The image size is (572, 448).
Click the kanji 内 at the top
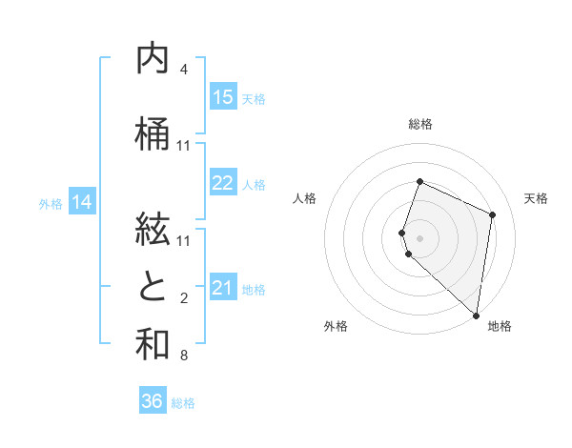[x=153, y=59]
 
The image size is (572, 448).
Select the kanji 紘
[x=153, y=230]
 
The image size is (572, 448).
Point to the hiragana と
[x=153, y=287]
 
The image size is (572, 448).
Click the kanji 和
[x=153, y=344]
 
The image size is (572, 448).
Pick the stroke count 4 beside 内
[x=183, y=70]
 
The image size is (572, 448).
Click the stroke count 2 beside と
[x=183, y=298]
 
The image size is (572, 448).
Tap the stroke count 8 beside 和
[x=183, y=356]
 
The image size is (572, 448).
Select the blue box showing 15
[x=223, y=97]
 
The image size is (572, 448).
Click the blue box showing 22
[x=223, y=183]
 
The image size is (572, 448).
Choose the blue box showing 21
[x=223, y=288]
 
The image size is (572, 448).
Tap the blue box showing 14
[x=82, y=202]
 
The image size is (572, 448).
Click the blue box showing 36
[x=153, y=401]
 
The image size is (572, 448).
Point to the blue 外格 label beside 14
[x=51, y=203]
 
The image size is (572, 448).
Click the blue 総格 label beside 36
[x=183, y=403]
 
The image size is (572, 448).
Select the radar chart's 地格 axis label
[x=500, y=326]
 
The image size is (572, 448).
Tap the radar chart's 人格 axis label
[x=305, y=198]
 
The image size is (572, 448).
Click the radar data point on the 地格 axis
[x=476, y=316]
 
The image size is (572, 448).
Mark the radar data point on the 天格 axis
[x=492, y=214]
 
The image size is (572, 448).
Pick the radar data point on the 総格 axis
[x=419, y=182]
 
